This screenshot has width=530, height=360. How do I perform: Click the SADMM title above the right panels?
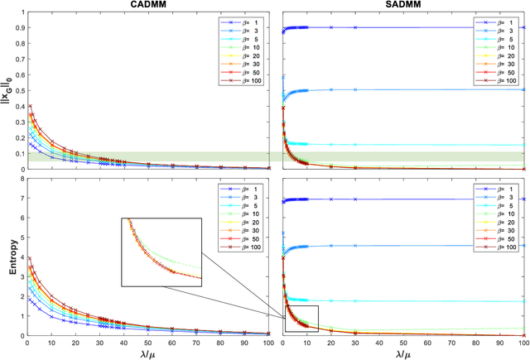coord(403,5)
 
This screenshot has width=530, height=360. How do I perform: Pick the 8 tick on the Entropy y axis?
coord(21,181)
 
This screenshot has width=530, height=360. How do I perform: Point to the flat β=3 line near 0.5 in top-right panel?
coord(414,89)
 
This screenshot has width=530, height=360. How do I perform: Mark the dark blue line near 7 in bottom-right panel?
coord(414,199)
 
